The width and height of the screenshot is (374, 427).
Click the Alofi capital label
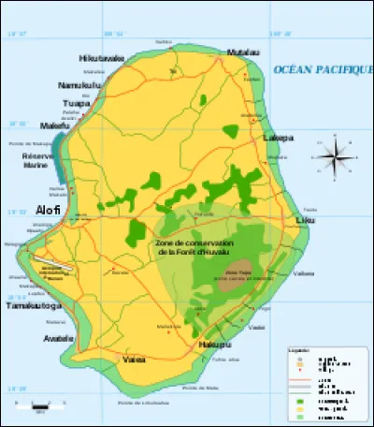click(48, 210)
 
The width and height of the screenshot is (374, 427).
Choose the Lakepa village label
click(279, 138)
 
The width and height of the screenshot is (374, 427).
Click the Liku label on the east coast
click(306, 221)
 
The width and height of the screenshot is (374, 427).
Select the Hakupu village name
click(213, 346)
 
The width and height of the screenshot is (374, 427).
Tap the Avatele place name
click(58, 339)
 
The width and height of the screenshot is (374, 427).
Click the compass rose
click(337, 153)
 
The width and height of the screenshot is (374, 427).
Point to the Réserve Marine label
click(38, 163)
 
